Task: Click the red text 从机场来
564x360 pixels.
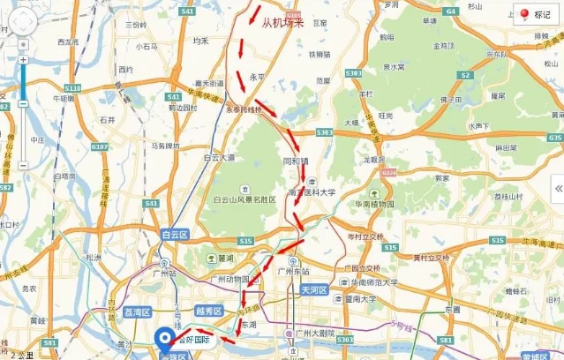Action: (282, 23)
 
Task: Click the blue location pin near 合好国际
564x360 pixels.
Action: (164, 337)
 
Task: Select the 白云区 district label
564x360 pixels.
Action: (176, 235)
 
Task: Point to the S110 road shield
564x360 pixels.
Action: (72, 88)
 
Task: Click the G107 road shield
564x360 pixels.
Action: (99, 146)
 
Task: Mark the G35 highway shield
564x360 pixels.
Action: (554, 138)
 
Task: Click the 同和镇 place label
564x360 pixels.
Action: (293, 162)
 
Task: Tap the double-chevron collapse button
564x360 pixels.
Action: (558, 188)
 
